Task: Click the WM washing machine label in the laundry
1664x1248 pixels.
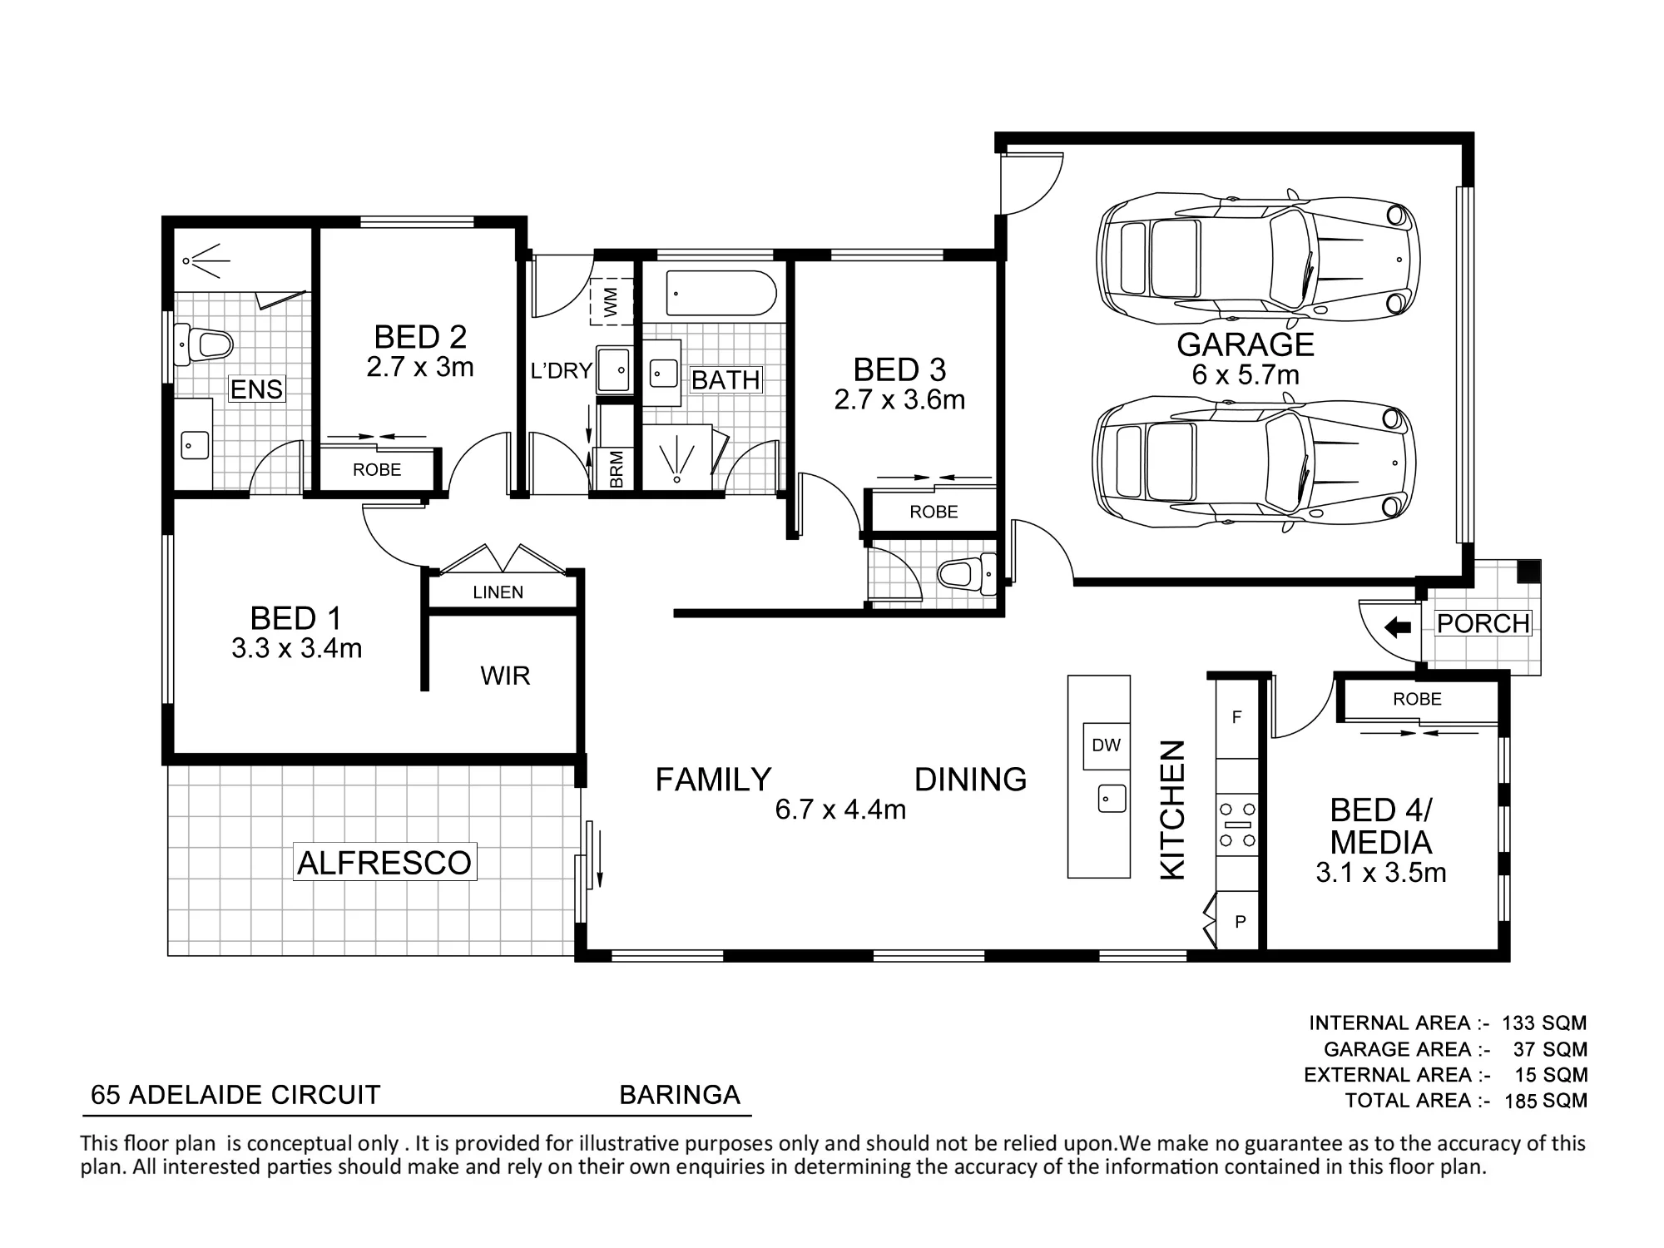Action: tap(612, 301)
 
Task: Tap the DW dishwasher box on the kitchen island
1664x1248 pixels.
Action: tap(1106, 745)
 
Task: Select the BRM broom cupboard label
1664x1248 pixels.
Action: tap(617, 468)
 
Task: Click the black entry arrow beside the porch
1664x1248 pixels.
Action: tap(1398, 626)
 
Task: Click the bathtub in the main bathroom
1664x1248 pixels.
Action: tap(721, 293)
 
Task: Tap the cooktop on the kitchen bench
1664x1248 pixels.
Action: tap(1237, 825)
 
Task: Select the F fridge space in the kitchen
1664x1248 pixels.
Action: tap(1237, 717)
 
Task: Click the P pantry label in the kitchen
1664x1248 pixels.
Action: tap(1240, 921)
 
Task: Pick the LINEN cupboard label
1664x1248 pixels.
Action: tap(498, 592)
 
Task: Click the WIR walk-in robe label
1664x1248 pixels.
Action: tap(505, 676)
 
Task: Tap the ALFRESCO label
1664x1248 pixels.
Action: tap(384, 863)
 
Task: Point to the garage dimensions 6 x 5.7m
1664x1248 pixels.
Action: tap(1246, 375)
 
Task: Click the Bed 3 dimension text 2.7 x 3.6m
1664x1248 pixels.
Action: tap(899, 400)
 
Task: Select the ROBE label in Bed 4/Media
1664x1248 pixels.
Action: tap(1417, 699)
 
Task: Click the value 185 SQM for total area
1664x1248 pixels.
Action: tap(1546, 1101)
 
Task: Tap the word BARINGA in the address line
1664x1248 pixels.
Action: tap(680, 1095)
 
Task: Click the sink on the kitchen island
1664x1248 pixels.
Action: tap(1112, 799)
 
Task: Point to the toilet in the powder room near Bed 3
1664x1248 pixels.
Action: tap(966, 574)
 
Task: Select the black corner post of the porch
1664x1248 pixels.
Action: tap(1528, 571)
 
